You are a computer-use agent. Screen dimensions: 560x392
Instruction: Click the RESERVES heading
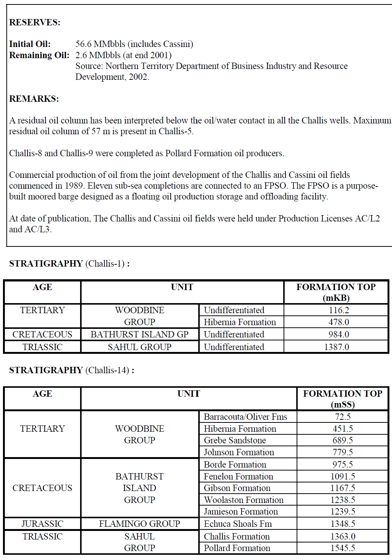point(35,22)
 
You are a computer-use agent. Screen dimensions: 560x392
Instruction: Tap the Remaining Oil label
point(39,55)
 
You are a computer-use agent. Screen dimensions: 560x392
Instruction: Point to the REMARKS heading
point(34,99)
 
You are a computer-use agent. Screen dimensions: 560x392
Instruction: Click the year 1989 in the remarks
point(74,186)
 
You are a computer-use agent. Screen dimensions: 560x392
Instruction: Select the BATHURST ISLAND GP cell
point(139,334)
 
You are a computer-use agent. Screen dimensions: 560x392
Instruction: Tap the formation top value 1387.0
point(336,347)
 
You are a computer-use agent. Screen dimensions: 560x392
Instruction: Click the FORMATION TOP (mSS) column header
point(342,399)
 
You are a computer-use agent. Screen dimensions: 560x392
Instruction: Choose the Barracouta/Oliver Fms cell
point(245,417)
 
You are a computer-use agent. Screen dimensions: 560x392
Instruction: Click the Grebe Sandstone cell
point(235,440)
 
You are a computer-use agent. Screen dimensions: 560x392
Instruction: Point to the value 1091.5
point(342,476)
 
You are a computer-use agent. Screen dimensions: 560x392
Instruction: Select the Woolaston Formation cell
point(243,500)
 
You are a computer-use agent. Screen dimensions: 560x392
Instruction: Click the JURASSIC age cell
point(42,524)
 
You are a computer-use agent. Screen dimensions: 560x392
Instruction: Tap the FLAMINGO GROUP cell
point(139,524)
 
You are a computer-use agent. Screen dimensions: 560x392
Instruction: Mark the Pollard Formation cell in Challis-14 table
point(237,548)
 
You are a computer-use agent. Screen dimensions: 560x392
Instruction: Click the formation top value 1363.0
point(342,537)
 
